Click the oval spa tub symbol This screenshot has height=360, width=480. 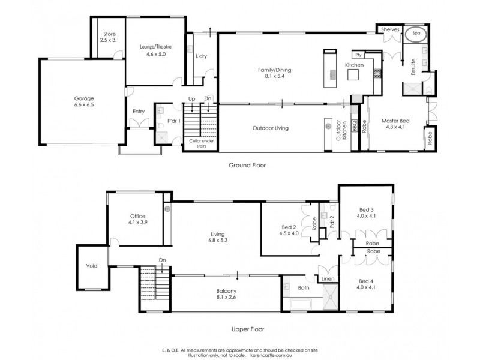point(416,35)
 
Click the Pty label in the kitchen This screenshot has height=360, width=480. point(356,55)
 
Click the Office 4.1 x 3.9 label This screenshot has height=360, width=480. point(138,220)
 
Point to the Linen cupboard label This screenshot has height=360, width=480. point(327,280)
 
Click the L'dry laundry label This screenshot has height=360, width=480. point(202,56)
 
